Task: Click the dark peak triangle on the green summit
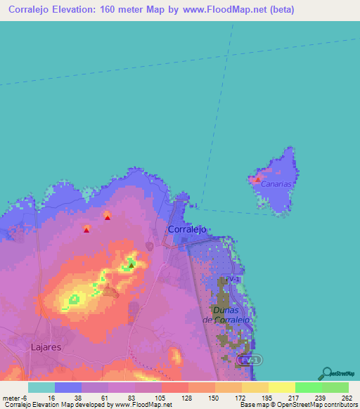(x=131, y=266)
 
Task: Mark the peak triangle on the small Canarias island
(x=257, y=180)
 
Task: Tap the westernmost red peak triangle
(x=86, y=229)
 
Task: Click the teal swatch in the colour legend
(x=41, y=387)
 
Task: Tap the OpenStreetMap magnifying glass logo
(x=326, y=372)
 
